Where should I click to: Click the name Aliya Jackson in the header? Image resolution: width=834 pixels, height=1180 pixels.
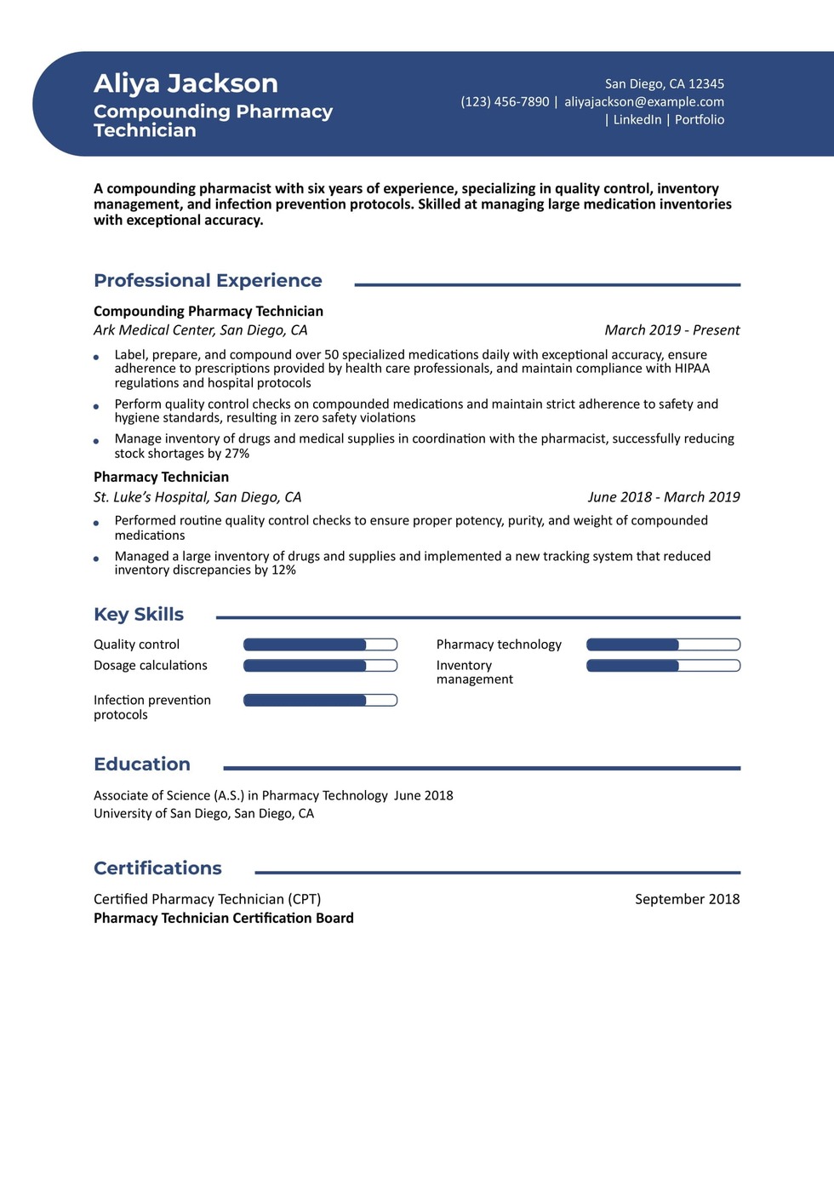[186, 83]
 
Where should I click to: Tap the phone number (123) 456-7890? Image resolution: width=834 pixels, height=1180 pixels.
[505, 102]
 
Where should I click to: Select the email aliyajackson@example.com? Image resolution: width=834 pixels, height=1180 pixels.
[644, 102]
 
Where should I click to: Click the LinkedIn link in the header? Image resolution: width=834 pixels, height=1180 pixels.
[637, 120]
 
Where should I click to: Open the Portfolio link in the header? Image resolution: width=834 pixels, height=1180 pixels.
[700, 120]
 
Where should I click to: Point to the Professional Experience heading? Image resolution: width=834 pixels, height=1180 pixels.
[208, 281]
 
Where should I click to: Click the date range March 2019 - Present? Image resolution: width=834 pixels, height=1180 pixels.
[671, 330]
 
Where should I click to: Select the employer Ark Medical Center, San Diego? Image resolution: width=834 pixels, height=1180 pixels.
[200, 330]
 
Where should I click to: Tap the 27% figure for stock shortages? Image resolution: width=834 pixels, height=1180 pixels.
[237, 454]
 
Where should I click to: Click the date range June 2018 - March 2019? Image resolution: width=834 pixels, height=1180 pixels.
[663, 497]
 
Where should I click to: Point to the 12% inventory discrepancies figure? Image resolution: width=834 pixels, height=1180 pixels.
[283, 570]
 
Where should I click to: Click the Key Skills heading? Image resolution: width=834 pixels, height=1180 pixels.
[139, 615]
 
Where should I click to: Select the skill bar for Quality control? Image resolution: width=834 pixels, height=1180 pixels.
[320, 644]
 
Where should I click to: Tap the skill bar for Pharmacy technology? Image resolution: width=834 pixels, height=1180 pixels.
[663, 644]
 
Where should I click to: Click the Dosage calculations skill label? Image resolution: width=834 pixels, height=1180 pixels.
[151, 666]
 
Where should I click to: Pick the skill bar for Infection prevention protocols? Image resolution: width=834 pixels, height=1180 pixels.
[320, 701]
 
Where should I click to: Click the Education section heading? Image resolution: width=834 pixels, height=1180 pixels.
[142, 765]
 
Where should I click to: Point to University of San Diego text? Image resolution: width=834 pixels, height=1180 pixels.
[203, 814]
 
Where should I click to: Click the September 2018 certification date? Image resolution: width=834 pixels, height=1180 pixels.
[687, 899]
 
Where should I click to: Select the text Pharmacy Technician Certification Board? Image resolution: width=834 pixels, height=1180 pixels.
[224, 919]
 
